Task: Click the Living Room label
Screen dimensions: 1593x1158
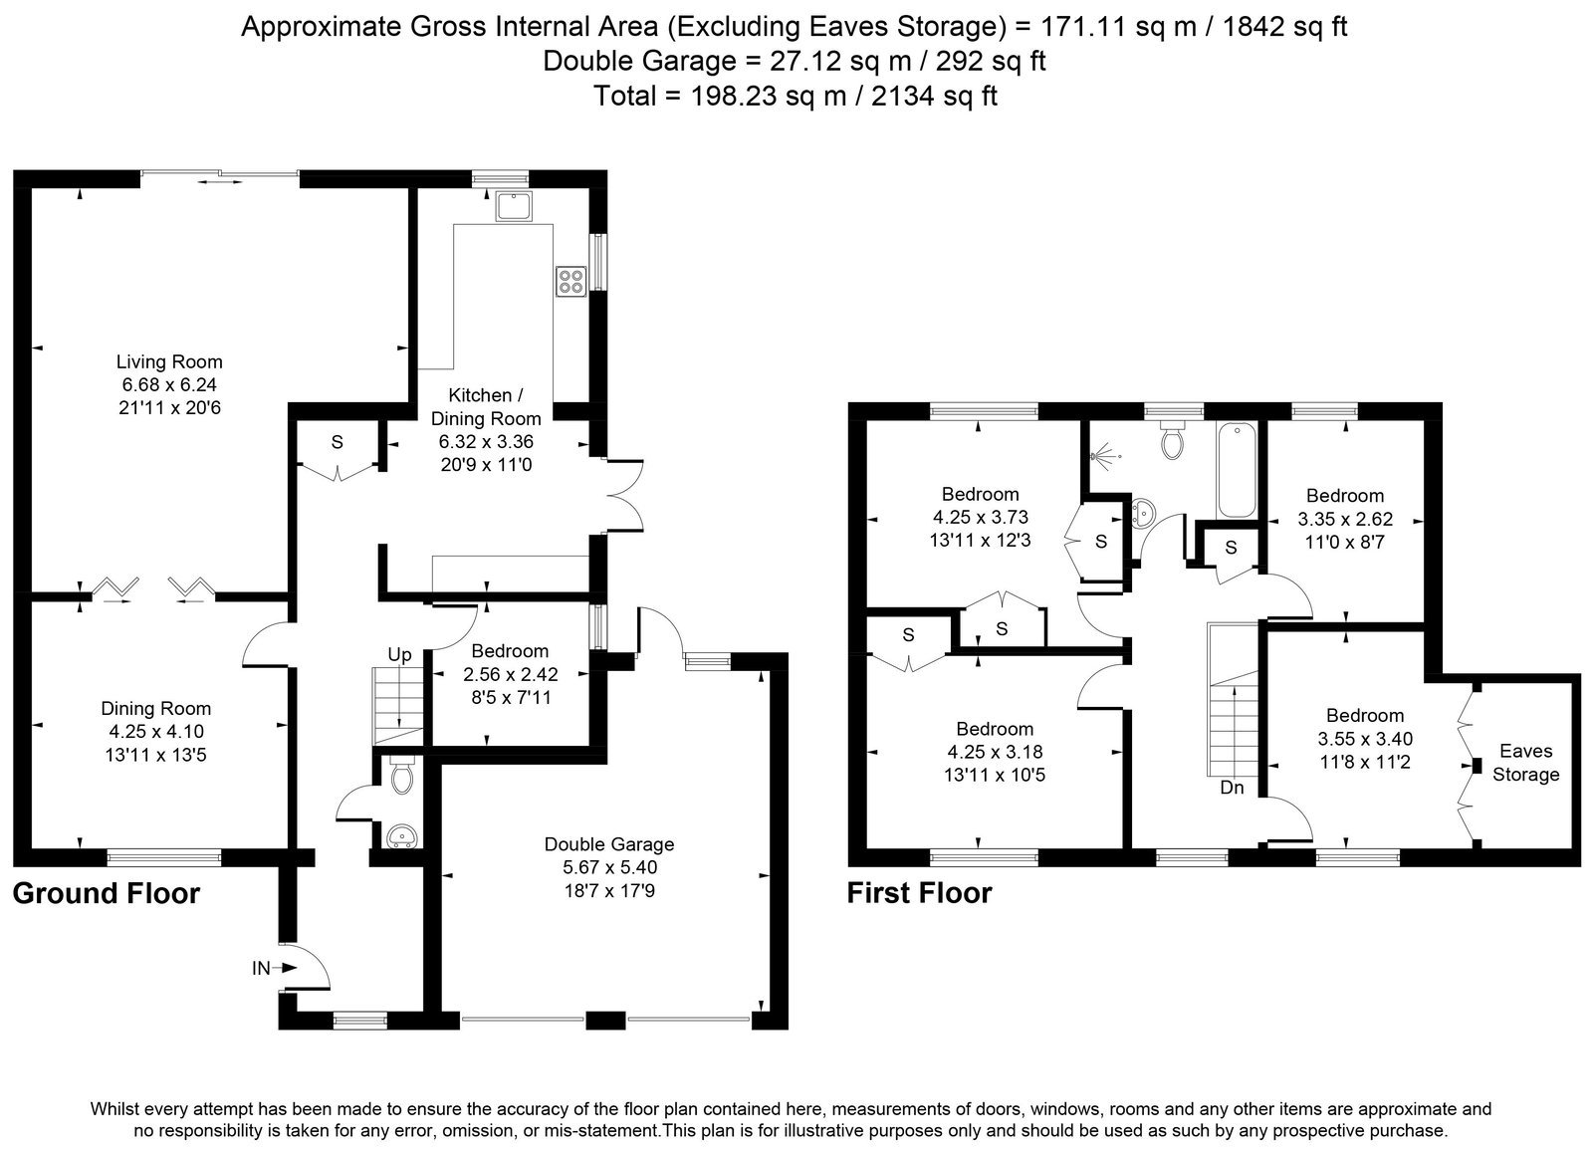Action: click(169, 362)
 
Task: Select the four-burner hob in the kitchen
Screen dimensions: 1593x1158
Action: click(571, 280)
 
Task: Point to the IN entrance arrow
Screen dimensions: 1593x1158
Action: click(288, 968)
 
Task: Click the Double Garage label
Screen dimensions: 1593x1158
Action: click(609, 844)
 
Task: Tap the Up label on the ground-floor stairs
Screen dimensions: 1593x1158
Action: click(399, 655)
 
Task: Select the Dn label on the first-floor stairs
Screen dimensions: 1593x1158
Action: click(1233, 788)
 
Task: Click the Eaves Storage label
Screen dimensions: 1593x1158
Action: click(1526, 763)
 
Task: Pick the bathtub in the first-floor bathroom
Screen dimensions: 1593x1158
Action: click(1238, 470)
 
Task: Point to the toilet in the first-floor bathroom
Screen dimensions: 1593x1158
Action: click(1171, 439)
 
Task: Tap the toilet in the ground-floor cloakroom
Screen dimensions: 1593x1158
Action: click(402, 775)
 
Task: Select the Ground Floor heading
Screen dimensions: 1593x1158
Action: click(107, 893)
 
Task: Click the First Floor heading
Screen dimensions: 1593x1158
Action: click(919, 893)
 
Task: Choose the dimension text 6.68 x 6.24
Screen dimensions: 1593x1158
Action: click(169, 384)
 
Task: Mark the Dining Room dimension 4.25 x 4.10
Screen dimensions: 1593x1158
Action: click(155, 731)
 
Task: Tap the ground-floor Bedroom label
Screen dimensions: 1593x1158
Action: click(510, 651)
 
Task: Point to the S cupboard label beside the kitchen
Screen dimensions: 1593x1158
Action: click(338, 442)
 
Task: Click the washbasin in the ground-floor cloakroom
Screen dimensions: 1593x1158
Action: click(402, 836)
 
